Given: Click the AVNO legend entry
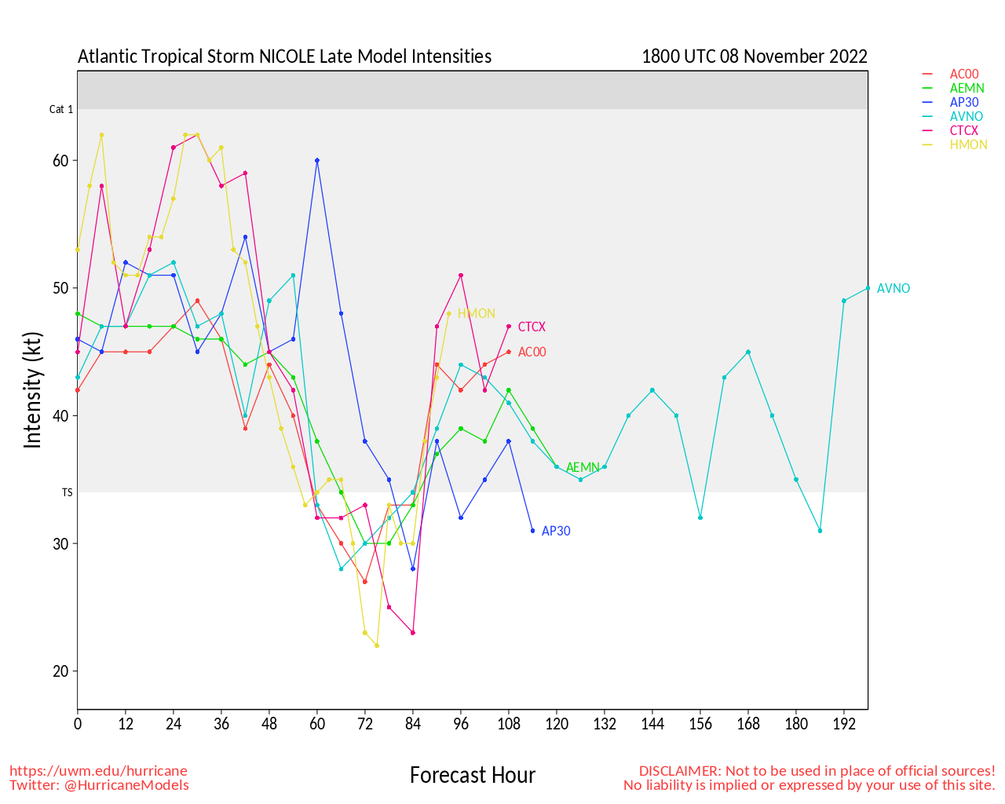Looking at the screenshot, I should click(966, 117).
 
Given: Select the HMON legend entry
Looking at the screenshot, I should click(968, 145).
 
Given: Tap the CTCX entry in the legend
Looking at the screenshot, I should click(964, 131).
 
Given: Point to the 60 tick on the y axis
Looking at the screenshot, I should click(61, 160).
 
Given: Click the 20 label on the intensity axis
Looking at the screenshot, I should click(61, 671).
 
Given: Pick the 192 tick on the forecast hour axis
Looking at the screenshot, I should click(844, 723).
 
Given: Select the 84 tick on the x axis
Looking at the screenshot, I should click(413, 723).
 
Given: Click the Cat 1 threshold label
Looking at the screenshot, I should click(61, 110).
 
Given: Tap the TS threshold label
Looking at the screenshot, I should click(68, 493).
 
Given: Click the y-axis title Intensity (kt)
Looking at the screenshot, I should click(32, 390).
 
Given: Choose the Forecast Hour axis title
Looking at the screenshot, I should click(473, 776).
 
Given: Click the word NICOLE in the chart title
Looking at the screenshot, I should click(287, 57).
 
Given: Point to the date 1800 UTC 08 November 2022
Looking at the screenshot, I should click(755, 57).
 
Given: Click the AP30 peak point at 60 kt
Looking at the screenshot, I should click(317, 160).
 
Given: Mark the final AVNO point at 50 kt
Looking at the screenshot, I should click(868, 288).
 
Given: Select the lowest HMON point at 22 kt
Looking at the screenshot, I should click(377, 645).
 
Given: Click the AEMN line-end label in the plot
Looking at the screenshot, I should click(583, 468).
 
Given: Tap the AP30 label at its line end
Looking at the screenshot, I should click(556, 532).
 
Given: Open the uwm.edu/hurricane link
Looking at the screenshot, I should click(98, 771).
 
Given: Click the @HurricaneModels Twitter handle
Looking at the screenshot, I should click(125, 785).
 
